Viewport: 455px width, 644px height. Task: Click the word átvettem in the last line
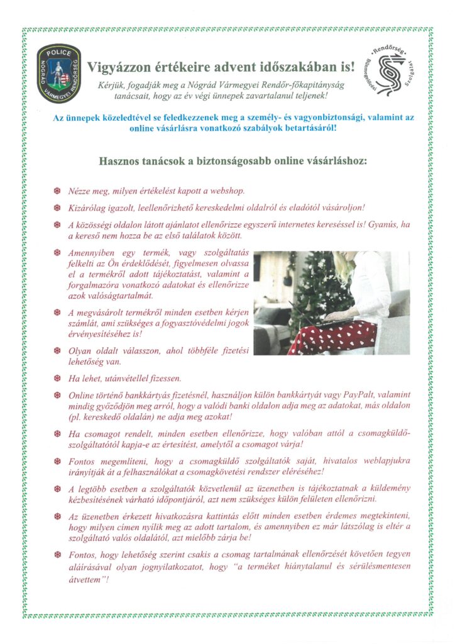(86, 579)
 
